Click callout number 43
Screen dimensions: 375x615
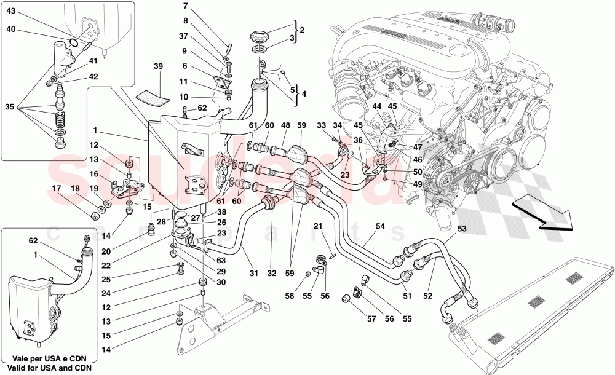tap(12, 10)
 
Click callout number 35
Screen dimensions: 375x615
tap(10, 106)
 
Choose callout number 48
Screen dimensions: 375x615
tap(285, 125)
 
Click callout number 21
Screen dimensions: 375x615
tap(317, 226)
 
